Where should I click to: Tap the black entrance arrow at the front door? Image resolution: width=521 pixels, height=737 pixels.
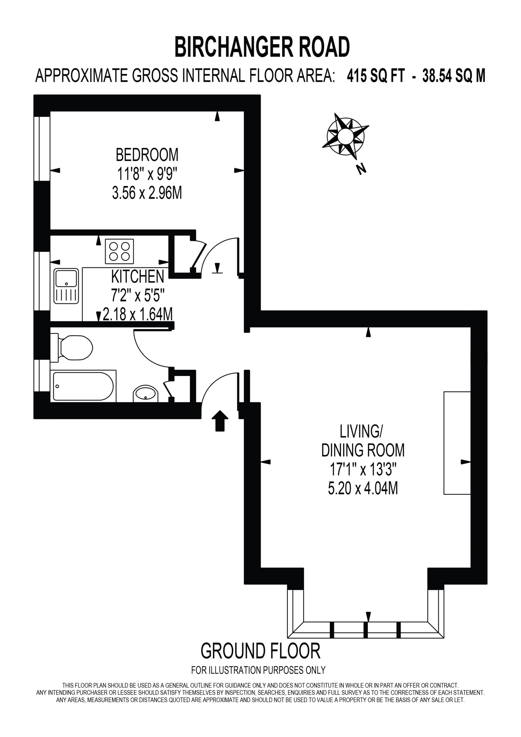pyautogui.click(x=220, y=421)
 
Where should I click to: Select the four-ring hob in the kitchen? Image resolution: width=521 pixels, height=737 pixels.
pyautogui.click(x=119, y=251)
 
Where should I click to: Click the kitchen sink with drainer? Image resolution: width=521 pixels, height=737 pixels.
pyautogui.click(x=66, y=286)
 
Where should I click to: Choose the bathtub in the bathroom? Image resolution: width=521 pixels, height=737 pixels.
pyautogui.click(x=83, y=386)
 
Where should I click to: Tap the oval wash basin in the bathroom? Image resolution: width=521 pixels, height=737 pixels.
pyautogui.click(x=146, y=394)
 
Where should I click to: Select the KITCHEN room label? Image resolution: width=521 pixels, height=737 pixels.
pyautogui.click(x=138, y=276)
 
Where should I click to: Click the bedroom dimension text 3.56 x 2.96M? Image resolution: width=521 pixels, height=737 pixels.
pyautogui.click(x=147, y=193)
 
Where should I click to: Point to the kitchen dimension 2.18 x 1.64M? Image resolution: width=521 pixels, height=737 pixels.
pyautogui.click(x=138, y=314)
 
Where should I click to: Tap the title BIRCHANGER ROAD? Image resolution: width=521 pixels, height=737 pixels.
pyautogui.click(x=262, y=47)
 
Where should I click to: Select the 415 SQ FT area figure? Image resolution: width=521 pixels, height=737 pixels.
pyautogui.click(x=376, y=76)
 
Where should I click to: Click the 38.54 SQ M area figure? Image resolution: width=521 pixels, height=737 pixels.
pyautogui.click(x=454, y=76)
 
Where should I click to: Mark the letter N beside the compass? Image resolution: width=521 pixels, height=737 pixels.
pyautogui.click(x=362, y=169)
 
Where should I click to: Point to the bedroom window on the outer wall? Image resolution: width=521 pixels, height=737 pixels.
pyautogui.click(x=42, y=149)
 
